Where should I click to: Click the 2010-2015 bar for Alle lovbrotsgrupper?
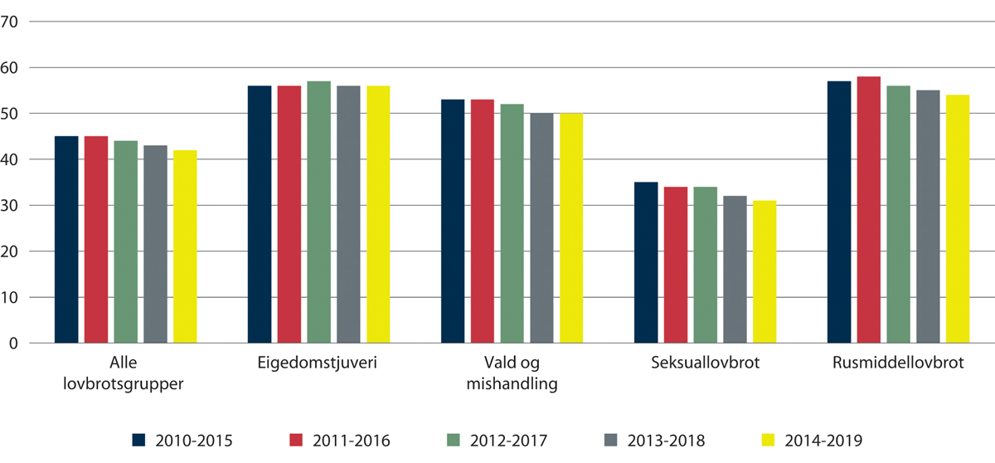(66, 240)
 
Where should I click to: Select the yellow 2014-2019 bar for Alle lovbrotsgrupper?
(185, 246)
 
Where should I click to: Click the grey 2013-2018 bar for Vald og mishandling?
(542, 228)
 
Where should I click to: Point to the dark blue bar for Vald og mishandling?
(453, 222)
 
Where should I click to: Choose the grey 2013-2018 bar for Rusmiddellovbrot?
(928, 217)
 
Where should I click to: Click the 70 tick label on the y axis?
(11, 22)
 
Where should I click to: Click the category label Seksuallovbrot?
(705, 365)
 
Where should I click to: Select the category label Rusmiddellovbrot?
(898, 365)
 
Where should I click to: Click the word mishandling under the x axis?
(512, 383)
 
